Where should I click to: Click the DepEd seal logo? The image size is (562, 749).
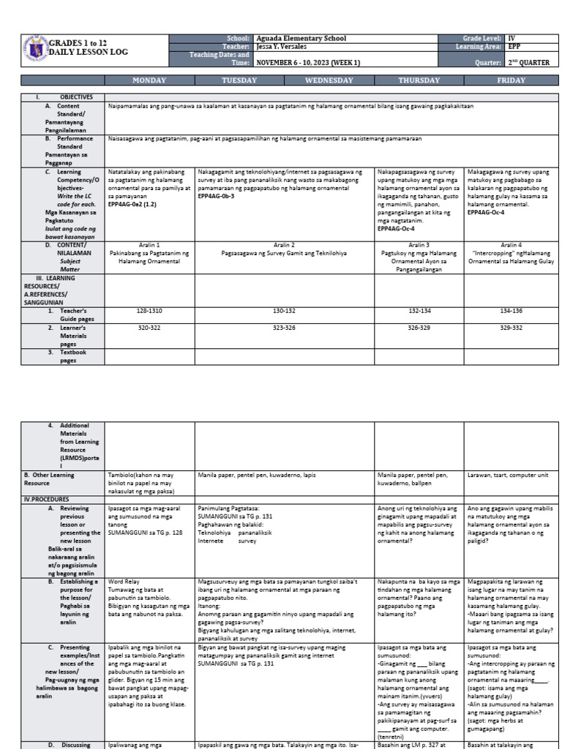click(x=34, y=50)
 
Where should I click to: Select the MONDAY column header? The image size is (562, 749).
click(x=149, y=80)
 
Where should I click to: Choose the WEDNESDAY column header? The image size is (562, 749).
click(x=329, y=80)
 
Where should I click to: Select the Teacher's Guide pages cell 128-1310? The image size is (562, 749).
click(x=149, y=311)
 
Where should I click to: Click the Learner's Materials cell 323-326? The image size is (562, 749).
click(x=284, y=328)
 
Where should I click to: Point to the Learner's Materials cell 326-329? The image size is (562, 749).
click(x=419, y=328)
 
